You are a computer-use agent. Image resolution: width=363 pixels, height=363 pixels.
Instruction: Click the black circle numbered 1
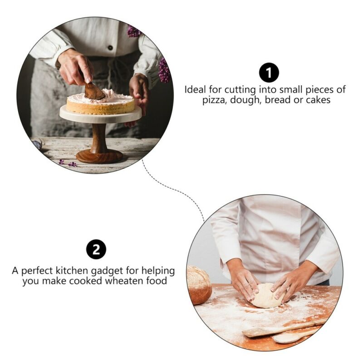pyautogui.click(x=269, y=73)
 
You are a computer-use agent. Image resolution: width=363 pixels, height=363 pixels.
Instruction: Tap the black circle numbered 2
pyautogui.click(x=96, y=250)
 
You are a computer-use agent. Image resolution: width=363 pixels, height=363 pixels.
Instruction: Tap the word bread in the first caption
pyautogui.click(x=277, y=100)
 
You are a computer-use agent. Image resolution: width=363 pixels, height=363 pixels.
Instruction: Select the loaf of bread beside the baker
pyautogui.click(x=198, y=285)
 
